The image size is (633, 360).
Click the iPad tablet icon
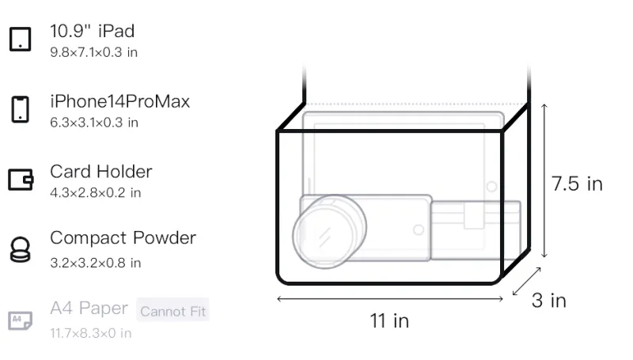point(21,39)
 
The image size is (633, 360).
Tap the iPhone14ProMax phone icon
point(21,109)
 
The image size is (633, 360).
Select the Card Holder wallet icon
point(21,179)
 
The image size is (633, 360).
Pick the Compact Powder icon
point(21,250)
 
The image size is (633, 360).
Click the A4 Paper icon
point(21,320)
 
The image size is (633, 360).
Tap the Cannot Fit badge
point(172,311)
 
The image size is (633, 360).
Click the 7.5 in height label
point(577,184)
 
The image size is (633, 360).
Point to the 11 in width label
point(389,321)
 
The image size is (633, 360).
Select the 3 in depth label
point(549,301)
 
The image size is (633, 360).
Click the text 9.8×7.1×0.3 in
point(93,52)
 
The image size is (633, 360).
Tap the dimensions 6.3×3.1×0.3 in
point(94,123)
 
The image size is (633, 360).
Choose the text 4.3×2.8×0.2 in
point(95,193)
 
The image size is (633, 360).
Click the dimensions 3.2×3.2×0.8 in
point(95,263)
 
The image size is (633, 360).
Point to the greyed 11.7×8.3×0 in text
point(91,333)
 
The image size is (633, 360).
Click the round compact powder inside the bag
point(329,232)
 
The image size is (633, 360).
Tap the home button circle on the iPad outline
point(491,187)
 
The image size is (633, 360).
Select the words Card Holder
point(101,172)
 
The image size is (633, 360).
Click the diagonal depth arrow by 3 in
point(526,282)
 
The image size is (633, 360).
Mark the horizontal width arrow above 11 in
point(390,299)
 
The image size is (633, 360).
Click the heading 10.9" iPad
point(92,31)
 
